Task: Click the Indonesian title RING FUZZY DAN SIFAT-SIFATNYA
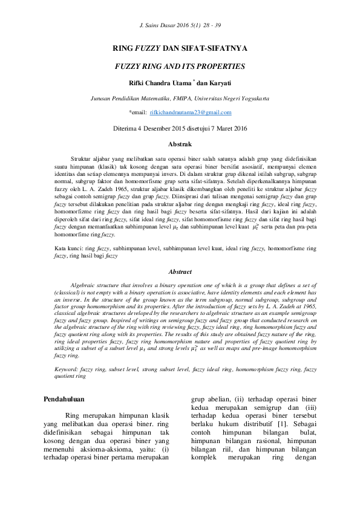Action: coord(180,48)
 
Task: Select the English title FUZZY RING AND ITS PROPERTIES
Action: coord(180,66)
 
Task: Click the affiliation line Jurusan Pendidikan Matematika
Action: coord(129,97)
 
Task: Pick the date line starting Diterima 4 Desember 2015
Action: coord(180,128)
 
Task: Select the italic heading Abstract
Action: coord(180,272)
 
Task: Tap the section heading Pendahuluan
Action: coord(65,399)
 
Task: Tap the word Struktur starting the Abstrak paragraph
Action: coord(83,156)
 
